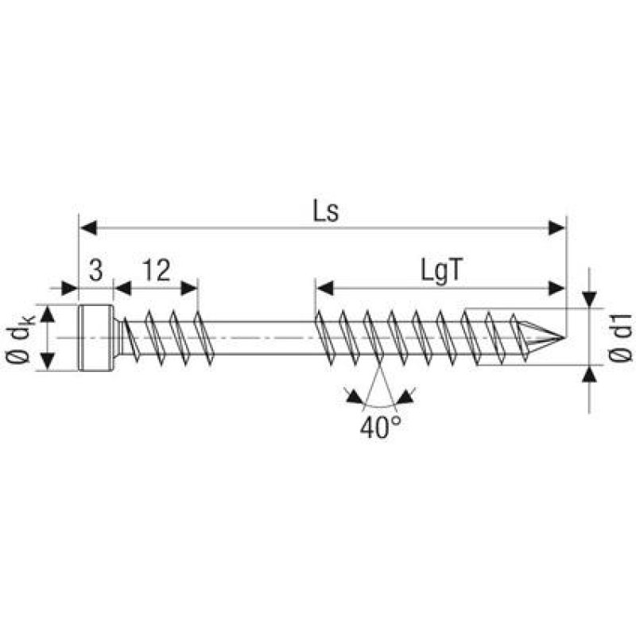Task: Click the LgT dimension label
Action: pyautogui.click(x=442, y=272)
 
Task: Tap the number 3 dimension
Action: pyautogui.click(x=95, y=271)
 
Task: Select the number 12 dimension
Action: pyautogui.click(x=157, y=271)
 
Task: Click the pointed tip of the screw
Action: pyautogui.click(x=561, y=338)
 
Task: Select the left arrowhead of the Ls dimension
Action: pyautogui.click(x=87, y=229)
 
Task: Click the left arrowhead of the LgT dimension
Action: pyautogui.click(x=322, y=287)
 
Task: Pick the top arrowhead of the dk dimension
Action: pyautogui.click(x=48, y=313)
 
